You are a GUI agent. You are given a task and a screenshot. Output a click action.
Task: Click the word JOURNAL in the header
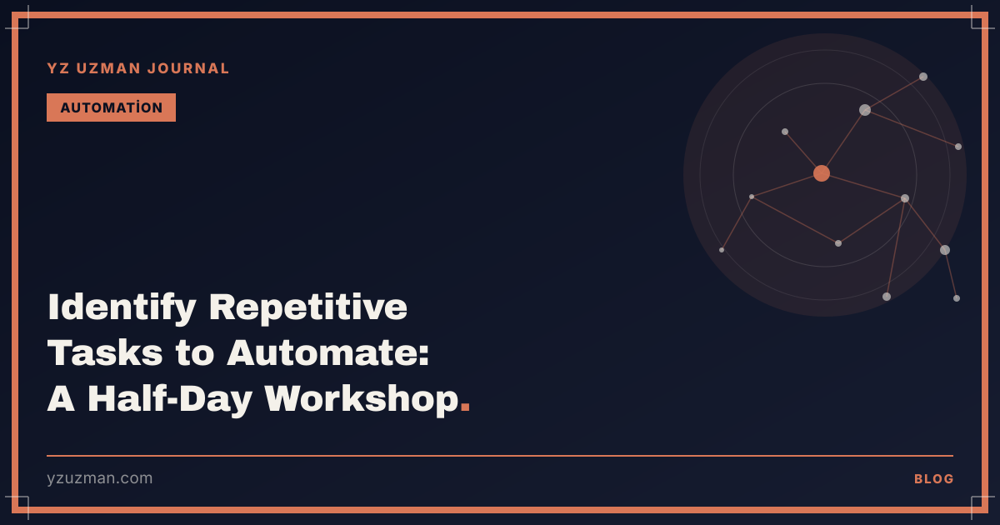pyautogui.click(x=188, y=68)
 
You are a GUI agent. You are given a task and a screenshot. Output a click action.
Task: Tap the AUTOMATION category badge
pyautogui.click(x=111, y=107)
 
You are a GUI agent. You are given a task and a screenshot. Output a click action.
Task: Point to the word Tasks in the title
pyautogui.click(x=105, y=352)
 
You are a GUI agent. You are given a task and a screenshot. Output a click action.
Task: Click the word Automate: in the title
pyautogui.click(x=328, y=352)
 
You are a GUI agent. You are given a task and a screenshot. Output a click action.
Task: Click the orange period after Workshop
pyautogui.click(x=465, y=407)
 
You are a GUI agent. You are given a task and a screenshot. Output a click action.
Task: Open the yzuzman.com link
pyautogui.click(x=99, y=478)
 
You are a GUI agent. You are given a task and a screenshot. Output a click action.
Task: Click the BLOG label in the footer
pyautogui.click(x=934, y=479)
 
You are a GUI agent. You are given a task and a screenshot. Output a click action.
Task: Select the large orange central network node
pyautogui.click(x=822, y=173)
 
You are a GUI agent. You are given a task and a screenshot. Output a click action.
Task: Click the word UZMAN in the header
pyautogui.click(x=108, y=68)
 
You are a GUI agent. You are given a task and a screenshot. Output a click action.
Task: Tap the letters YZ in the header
pyautogui.click(x=58, y=68)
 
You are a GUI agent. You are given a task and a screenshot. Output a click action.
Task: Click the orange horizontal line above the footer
pyautogui.click(x=500, y=456)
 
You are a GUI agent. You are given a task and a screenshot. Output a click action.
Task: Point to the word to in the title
pyautogui.click(x=195, y=353)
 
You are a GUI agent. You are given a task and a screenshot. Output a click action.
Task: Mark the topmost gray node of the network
pyautogui.click(x=923, y=77)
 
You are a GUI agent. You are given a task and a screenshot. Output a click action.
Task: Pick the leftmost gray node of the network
pyautogui.click(x=722, y=250)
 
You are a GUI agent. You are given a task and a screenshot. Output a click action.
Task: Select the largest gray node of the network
pyautogui.click(x=865, y=110)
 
